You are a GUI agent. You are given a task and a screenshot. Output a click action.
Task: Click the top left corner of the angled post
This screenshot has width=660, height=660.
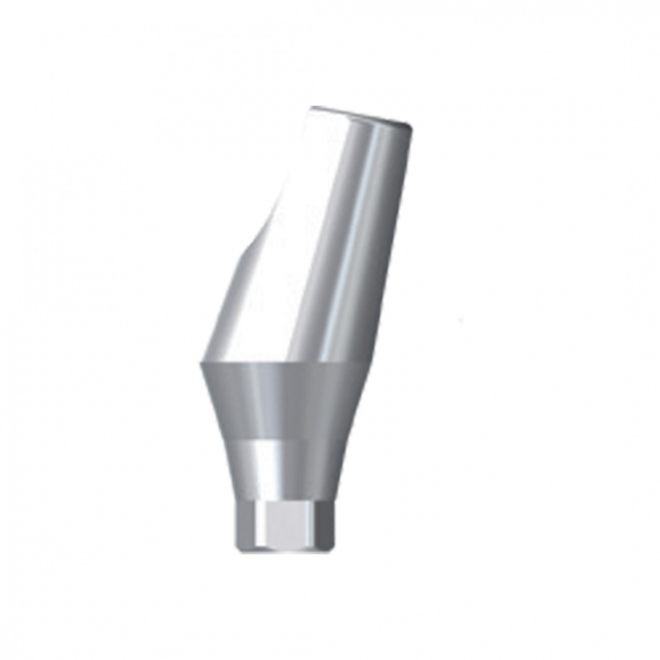tap(312, 107)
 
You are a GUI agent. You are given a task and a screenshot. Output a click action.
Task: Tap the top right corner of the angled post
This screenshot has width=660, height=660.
tap(414, 126)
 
